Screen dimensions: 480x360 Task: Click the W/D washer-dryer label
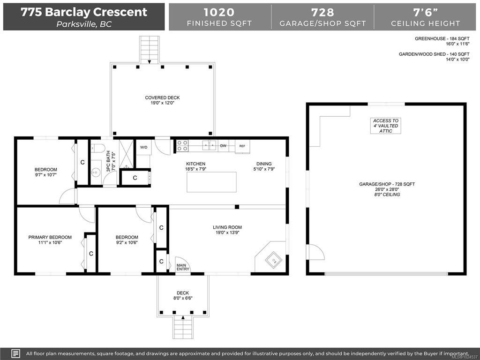pos(143,147)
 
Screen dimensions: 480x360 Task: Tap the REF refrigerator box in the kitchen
pos(242,146)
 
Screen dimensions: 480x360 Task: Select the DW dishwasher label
pos(223,146)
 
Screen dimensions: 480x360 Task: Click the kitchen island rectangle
pos(211,182)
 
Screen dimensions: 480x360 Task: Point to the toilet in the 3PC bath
pos(97,149)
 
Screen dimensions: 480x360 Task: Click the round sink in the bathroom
pos(96,172)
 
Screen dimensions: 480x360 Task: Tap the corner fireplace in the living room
pos(271,256)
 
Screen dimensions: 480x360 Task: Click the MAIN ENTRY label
pos(183,267)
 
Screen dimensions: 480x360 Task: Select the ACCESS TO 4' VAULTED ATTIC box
pos(385,126)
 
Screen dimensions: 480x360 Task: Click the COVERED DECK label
pos(162,97)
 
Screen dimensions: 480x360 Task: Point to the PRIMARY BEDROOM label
pos(50,237)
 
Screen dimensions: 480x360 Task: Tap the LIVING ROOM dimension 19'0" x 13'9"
pos(227,232)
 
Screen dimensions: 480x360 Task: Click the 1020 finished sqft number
pos(219,12)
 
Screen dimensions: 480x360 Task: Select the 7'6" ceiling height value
pos(425,12)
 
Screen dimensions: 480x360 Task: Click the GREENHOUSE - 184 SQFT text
pos(442,38)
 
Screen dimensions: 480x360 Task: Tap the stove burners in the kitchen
pos(182,146)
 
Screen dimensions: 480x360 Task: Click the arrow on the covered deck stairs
pos(150,62)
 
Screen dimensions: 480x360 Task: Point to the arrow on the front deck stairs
pos(183,317)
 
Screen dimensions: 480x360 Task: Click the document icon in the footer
pos(15,353)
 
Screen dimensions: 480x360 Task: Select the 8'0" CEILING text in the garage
pos(387,195)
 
